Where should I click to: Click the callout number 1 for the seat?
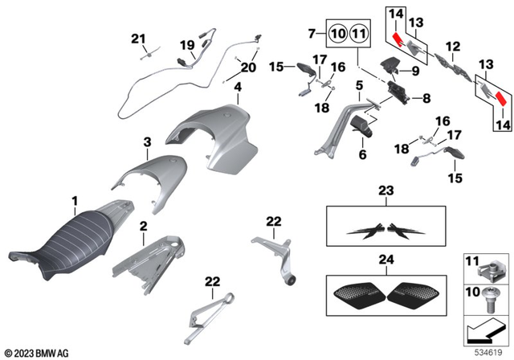point(75,198)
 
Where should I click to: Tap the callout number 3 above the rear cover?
point(147,142)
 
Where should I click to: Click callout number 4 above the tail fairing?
point(238,86)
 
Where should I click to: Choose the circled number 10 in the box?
point(337,34)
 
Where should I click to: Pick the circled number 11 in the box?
point(358,34)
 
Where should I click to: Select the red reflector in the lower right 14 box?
point(500,98)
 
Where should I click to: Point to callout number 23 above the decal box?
point(385,191)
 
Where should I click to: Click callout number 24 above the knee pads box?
point(385,260)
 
